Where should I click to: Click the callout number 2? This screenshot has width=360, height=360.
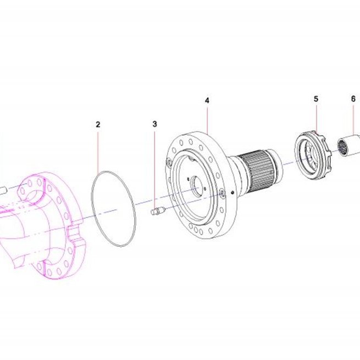point(98,125)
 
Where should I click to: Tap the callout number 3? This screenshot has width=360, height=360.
point(155,124)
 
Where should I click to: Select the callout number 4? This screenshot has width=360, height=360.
point(207,101)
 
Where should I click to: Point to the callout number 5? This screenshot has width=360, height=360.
point(316,99)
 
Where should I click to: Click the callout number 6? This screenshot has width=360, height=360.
point(353,99)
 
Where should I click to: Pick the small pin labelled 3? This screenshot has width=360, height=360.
point(158,211)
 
